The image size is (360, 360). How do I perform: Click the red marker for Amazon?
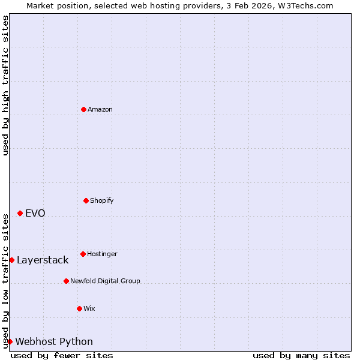[x=83, y=109]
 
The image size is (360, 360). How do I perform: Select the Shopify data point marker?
[x=86, y=200]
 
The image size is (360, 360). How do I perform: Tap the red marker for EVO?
[x=20, y=213]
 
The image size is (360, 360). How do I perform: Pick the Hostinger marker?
[x=83, y=254]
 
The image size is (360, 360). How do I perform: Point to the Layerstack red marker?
[x=11, y=260]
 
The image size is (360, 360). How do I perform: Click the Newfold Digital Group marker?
[x=66, y=281]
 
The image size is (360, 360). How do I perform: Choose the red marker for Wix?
[x=79, y=308]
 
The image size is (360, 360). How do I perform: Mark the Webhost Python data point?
[x=10, y=341]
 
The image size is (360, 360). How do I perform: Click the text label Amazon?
[x=100, y=109]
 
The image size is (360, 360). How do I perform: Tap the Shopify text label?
[x=102, y=200]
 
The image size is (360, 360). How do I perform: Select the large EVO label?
[x=35, y=213]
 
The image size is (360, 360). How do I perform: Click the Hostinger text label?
[x=102, y=254]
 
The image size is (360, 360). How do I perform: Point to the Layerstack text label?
[x=43, y=260]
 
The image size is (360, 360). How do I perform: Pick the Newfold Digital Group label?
[x=105, y=281]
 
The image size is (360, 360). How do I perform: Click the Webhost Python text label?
[x=54, y=341]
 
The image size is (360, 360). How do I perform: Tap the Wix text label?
[x=89, y=308]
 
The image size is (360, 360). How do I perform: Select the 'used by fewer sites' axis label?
[x=62, y=355]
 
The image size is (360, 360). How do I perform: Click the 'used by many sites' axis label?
[x=301, y=355]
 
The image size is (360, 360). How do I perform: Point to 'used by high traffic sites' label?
[x=5, y=85]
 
